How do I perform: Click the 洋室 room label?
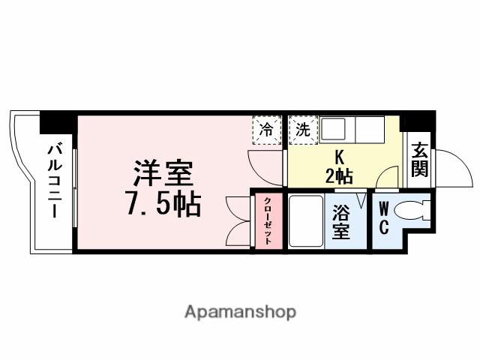(163, 175)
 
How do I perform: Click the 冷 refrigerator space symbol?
(265, 129)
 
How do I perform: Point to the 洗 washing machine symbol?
(302, 129)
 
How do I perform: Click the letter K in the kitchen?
(339, 158)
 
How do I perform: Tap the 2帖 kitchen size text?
(339, 177)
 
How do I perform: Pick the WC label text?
(382, 217)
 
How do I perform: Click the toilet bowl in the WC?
(412, 211)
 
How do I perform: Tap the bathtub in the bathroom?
(304, 220)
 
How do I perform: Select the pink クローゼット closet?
(268, 220)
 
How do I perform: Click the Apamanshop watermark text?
(240, 311)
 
